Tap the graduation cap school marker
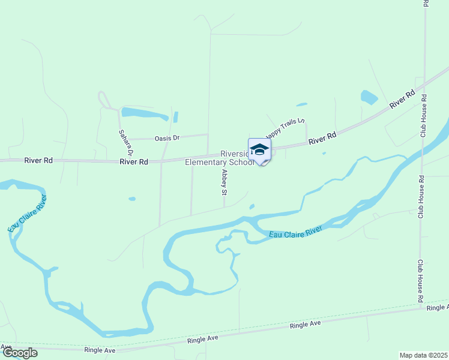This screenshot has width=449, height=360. pos(259,149)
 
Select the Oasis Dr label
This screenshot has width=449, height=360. pos(167,138)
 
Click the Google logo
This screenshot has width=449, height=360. pos(19,353)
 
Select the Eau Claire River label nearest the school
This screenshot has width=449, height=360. pos(295,233)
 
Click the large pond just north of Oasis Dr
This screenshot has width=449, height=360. pos(145,113)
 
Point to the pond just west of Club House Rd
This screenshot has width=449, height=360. pos(369,97)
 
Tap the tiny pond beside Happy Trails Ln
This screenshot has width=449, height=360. pos(301,104)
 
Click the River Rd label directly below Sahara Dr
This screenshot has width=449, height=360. pos(133,162)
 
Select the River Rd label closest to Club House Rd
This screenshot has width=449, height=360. pos(402,99)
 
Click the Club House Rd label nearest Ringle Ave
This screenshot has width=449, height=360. pos(421,281)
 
